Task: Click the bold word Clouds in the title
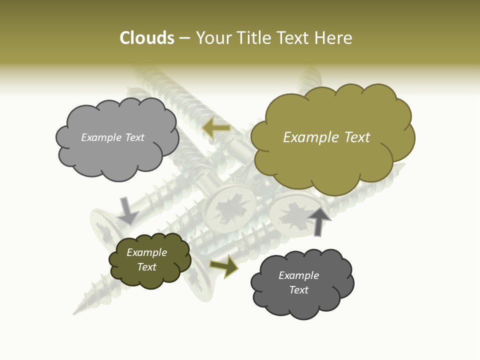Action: coord(147,38)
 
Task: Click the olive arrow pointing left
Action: coord(216,127)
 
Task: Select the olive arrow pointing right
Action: coord(224,266)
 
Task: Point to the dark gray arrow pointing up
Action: coord(319,220)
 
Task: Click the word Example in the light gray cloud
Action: coord(100,137)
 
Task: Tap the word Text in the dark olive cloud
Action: coord(147,267)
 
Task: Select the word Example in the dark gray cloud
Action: coord(298,275)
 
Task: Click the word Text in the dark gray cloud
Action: coord(298,290)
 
